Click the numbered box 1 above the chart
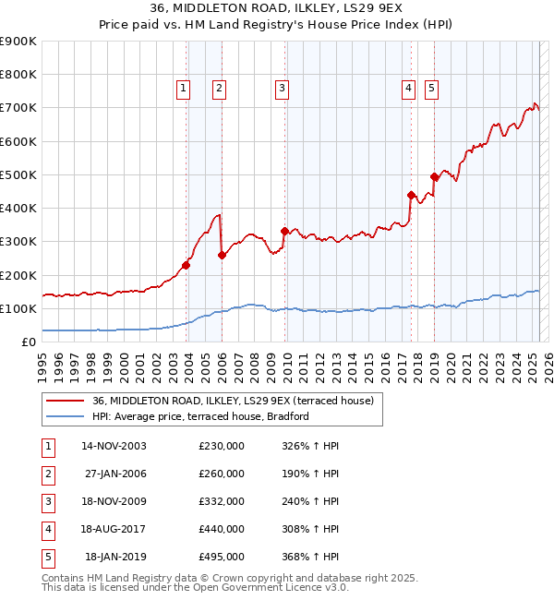click(x=183, y=89)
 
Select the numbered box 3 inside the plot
click(x=282, y=89)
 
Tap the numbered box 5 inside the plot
click(x=432, y=89)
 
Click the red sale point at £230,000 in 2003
click(x=187, y=265)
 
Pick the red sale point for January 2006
click(x=222, y=256)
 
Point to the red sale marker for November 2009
click(x=284, y=231)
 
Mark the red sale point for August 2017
click(x=411, y=195)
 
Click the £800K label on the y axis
click(x=18, y=75)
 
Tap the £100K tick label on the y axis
click(x=18, y=308)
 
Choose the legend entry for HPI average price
click(x=199, y=416)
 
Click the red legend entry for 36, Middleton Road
click(x=232, y=401)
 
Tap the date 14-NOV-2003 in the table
click(x=114, y=446)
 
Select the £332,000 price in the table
click(x=222, y=501)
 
